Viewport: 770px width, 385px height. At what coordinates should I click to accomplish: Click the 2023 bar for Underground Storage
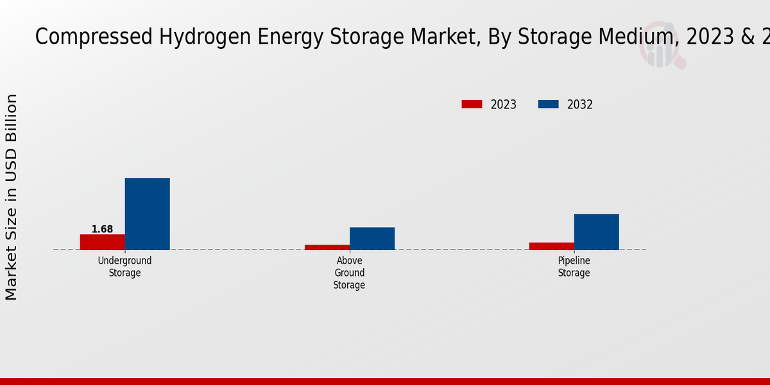[x=102, y=242]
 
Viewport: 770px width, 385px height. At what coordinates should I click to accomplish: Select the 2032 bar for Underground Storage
[x=147, y=214]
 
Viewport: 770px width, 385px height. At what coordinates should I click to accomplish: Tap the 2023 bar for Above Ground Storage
[x=327, y=247]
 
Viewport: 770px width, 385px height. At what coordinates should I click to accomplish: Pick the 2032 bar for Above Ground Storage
[x=372, y=238]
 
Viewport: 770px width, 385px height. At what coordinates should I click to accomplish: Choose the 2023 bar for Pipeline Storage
[x=551, y=246]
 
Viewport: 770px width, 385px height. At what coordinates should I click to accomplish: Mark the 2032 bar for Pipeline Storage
[x=596, y=232]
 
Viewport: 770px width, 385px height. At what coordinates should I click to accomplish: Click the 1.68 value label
[x=102, y=229]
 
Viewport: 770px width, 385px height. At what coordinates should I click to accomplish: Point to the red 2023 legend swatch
[x=472, y=104]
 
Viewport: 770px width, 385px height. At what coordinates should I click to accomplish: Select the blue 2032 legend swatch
[x=548, y=104]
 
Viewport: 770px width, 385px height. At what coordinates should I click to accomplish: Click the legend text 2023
[x=504, y=105]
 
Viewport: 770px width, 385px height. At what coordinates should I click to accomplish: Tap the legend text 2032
[x=580, y=105]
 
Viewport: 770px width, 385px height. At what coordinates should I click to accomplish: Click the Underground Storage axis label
[x=124, y=266]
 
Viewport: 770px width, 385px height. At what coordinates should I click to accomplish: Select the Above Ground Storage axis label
[x=349, y=273]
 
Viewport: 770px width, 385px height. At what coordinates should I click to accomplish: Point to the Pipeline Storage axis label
[x=574, y=266]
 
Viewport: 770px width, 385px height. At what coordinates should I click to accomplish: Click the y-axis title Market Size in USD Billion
[x=12, y=196]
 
